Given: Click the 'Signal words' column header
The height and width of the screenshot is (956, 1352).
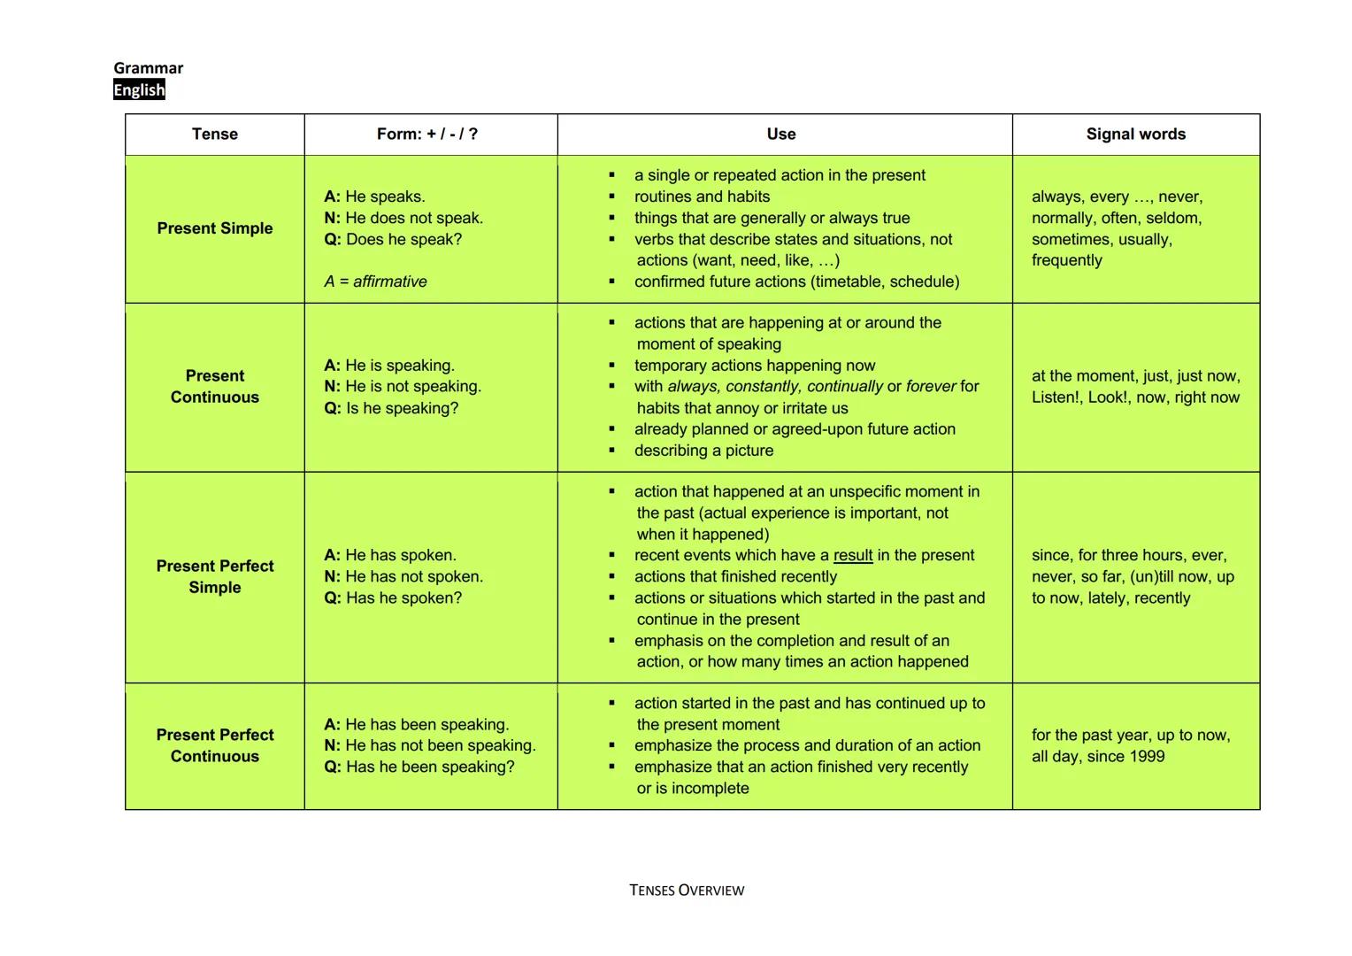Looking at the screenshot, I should [x=1135, y=135].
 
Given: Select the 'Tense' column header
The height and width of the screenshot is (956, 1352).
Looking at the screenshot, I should [x=215, y=135].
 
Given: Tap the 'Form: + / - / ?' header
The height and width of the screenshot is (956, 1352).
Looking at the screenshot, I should [x=427, y=135].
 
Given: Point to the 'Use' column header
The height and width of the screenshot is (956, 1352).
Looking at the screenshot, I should [x=781, y=135].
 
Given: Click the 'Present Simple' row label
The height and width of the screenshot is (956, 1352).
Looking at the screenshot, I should [x=215, y=228].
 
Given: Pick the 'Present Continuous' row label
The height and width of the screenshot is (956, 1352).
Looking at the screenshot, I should [x=215, y=387].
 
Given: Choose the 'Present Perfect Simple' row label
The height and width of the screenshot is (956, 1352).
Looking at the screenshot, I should [x=215, y=576].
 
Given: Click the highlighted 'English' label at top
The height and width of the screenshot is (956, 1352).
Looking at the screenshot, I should [x=139, y=90].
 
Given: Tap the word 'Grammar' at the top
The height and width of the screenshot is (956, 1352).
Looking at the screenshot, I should [x=149, y=68].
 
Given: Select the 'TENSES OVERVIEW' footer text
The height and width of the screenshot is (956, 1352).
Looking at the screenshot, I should [x=687, y=890].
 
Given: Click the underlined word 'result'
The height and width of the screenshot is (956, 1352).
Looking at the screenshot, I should [x=853, y=556].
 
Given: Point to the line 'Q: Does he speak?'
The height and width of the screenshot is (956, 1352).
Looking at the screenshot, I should [x=393, y=240].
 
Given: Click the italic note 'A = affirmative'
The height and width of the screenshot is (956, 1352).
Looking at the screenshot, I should [x=375, y=282].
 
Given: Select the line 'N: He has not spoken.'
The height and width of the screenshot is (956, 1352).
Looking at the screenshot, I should [x=403, y=577].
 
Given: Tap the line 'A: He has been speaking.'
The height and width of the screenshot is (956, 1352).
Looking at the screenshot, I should [x=417, y=725].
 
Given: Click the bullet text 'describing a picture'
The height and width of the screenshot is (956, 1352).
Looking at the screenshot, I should [x=703, y=451].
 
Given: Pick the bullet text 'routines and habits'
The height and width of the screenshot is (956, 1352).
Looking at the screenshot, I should [x=702, y=197].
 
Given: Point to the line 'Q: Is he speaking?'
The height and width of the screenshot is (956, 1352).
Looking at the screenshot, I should [x=391, y=409].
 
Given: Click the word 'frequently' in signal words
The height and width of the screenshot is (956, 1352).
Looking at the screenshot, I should [x=1067, y=261].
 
